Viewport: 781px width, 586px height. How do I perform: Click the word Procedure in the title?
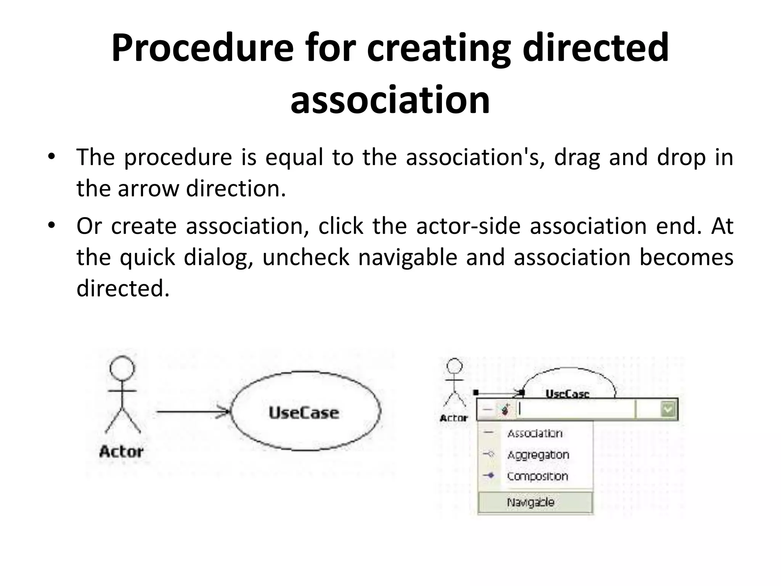[202, 48]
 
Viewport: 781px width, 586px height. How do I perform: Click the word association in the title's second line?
[390, 100]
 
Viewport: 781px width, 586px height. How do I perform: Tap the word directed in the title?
[595, 48]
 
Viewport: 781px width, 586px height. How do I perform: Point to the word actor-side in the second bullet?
[468, 226]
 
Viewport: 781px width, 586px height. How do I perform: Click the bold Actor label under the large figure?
[121, 452]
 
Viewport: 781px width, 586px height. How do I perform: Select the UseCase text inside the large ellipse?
[304, 413]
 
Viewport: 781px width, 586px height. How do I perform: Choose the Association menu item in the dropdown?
[535, 433]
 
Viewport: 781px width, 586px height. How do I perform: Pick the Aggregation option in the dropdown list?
[538, 455]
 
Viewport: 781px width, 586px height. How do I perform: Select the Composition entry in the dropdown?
[537, 476]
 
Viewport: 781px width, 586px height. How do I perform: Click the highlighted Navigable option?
[530, 502]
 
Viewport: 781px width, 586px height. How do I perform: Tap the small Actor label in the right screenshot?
[453, 418]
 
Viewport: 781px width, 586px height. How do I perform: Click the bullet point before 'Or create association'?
[51, 225]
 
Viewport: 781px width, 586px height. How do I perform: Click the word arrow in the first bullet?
[148, 188]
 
